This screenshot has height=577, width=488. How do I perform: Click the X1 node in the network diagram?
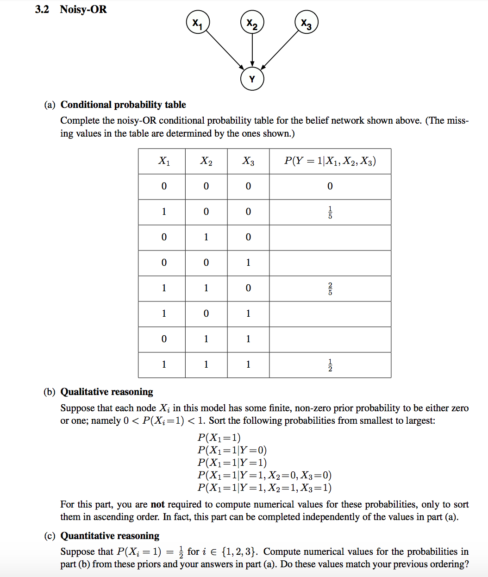pos(198,23)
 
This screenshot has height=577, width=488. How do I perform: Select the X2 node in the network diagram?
pos(252,23)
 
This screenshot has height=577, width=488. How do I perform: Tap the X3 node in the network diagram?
pos(306,23)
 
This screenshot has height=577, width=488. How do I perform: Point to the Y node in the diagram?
pos(252,79)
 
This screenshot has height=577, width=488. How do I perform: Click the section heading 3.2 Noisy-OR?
pos(71,9)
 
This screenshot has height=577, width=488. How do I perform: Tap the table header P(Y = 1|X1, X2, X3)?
pos(330,161)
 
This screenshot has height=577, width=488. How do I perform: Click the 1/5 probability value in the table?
pos(330,212)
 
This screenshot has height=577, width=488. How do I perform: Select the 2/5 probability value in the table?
pos(330,288)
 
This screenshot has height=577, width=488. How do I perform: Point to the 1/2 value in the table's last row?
pos(330,365)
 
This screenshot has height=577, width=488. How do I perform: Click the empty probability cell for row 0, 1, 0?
pos(330,238)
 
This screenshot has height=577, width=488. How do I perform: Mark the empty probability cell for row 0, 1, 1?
pos(330,339)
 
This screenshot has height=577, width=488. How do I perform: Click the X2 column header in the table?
pos(206,161)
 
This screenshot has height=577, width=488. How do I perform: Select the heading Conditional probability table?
pos(123,105)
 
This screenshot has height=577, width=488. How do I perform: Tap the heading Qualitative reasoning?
pos(106,392)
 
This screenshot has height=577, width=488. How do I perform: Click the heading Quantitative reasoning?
pos(110,536)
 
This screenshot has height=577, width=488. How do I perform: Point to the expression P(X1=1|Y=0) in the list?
pos(232,450)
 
